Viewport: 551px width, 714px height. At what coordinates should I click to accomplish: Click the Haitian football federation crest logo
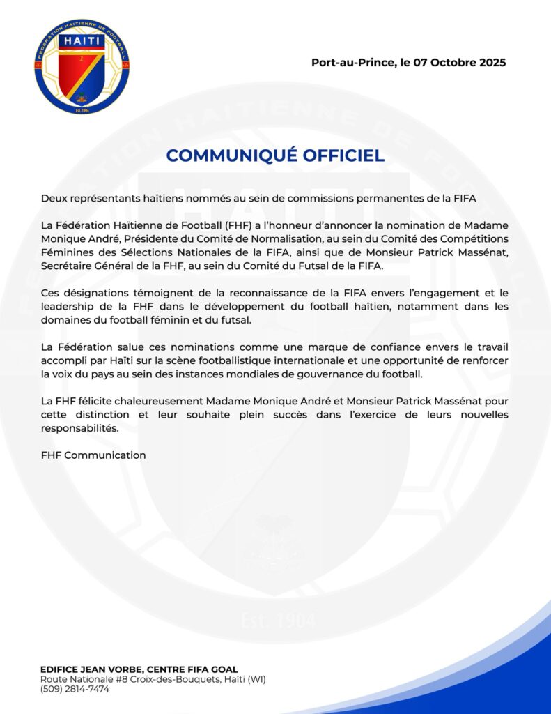82,67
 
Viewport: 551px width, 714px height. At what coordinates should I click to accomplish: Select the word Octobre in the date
448,62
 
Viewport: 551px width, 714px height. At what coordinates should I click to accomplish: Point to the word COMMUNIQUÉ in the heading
222,155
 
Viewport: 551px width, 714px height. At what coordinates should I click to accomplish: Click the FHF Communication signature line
93,455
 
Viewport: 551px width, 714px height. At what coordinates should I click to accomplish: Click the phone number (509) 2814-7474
75,689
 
